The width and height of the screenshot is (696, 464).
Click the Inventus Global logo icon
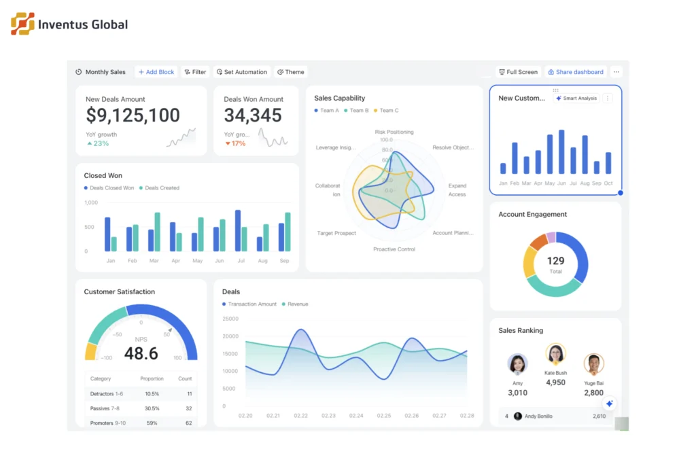click(x=22, y=24)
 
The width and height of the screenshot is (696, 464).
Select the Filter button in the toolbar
click(x=195, y=72)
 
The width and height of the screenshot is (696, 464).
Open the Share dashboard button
click(x=575, y=72)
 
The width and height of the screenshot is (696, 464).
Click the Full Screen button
click(x=518, y=72)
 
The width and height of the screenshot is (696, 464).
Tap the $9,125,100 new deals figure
click(x=133, y=115)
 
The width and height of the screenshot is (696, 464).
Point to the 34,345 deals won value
click(x=252, y=115)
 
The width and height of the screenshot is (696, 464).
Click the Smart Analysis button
click(x=576, y=99)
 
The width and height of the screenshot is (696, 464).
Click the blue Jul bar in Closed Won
click(x=238, y=231)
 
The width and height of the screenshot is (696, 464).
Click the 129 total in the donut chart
click(x=555, y=261)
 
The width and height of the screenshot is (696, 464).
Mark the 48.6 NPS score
click(x=141, y=353)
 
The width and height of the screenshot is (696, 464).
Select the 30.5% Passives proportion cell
click(x=152, y=408)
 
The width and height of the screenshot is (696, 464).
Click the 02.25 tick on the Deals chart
click(x=384, y=416)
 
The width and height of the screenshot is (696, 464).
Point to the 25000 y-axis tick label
click(x=230, y=319)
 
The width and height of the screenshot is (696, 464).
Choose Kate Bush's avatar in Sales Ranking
click(x=555, y=354)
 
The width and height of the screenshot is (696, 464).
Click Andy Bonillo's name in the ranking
click(x=538, y=416)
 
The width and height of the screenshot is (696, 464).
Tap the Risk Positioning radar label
click(x=394, y=132)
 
